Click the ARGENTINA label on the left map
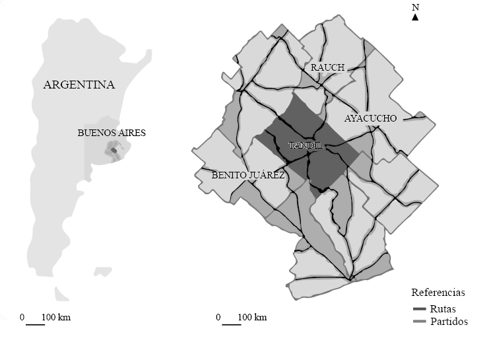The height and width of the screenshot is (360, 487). click(x=79, y=85)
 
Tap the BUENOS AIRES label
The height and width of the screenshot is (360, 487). click(x=112, y=133)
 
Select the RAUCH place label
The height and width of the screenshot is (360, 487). click(x=328, y=67)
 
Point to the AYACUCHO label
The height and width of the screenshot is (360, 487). click(x=370, y=118)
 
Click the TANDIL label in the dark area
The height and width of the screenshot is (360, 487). click(x=305, y=145)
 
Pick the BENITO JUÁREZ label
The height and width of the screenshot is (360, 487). click(x=249, y=176)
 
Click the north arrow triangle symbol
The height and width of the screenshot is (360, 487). click(x=415, y=17)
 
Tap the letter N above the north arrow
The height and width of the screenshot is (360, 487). click(x=415, y=7)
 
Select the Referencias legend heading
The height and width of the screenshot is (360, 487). click(x=438, y=292)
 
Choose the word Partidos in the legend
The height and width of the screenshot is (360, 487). click(x=449, y=322)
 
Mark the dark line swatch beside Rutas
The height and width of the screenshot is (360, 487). click(x=419, y=309)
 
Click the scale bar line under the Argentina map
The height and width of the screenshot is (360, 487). click(x=34, y=324)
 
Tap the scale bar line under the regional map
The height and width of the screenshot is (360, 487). click(x=232, y=324)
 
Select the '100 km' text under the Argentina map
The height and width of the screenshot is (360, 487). click(x=56, y=318)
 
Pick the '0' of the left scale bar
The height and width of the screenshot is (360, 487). click(x=22, y=318)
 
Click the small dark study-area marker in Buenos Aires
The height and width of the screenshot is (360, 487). click(x=113, y=151)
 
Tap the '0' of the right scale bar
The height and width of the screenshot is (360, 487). click(x=218, y=318)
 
